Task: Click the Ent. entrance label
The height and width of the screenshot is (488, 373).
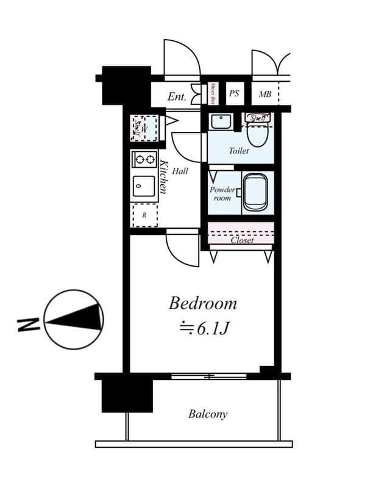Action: [x=177, y=96]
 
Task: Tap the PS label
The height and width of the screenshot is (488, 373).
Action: [x=235, y=94]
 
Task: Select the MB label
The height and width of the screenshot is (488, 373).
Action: [x=265, y=94]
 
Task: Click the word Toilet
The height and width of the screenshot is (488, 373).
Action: [x=239, y=150]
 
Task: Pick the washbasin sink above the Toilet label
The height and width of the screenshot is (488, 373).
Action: [x=220, y=121]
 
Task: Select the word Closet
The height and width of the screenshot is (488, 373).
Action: [x=242, y=240]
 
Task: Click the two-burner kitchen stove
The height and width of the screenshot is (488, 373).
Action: [x=144, y=160]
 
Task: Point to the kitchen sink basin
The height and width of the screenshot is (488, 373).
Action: [x=144, y=184]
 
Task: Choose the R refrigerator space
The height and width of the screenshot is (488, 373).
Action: [x=144, y=215]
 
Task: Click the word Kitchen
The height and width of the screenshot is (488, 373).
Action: [x=163, y=177]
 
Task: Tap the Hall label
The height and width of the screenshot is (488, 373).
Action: [x=180, y=171]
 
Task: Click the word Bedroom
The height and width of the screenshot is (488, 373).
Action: [x=202, y=303]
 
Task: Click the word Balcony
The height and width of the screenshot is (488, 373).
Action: [x=207, y=414]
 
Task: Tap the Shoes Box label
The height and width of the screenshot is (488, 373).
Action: [x=213, y=94]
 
